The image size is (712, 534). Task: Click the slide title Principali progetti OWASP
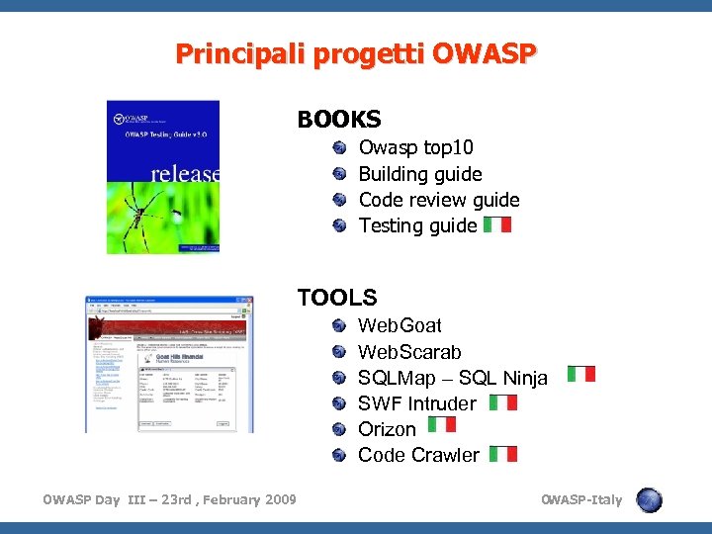[x=356, y=53]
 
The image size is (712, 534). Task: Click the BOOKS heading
[x=338, y=120]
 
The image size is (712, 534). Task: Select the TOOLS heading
[x=337, y=297]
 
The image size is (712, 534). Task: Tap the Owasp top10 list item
[x=415, y=148]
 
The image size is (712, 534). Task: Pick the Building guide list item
[x=420, y=174]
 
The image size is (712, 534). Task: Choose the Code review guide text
[x=439, y=200]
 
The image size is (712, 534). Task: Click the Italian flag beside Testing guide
[x=498, y=224]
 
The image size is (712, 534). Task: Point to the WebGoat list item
[x=400, y=326]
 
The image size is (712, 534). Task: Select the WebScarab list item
[x=409, y=352]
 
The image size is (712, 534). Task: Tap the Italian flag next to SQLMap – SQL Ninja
[x=581, y=374]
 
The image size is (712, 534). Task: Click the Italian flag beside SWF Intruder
[x=503, y=402]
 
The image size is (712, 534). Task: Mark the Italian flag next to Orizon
[x=443, y=424]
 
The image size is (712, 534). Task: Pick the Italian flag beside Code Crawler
[x=503, y=454]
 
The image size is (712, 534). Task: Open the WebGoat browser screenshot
[x=168, y=363]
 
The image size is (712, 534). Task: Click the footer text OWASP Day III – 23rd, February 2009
[x=169, y=499]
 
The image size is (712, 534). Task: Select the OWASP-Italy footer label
[x=581, y=499]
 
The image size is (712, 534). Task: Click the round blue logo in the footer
[x=649, y=499]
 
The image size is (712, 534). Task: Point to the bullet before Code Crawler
[x=339, y=455]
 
